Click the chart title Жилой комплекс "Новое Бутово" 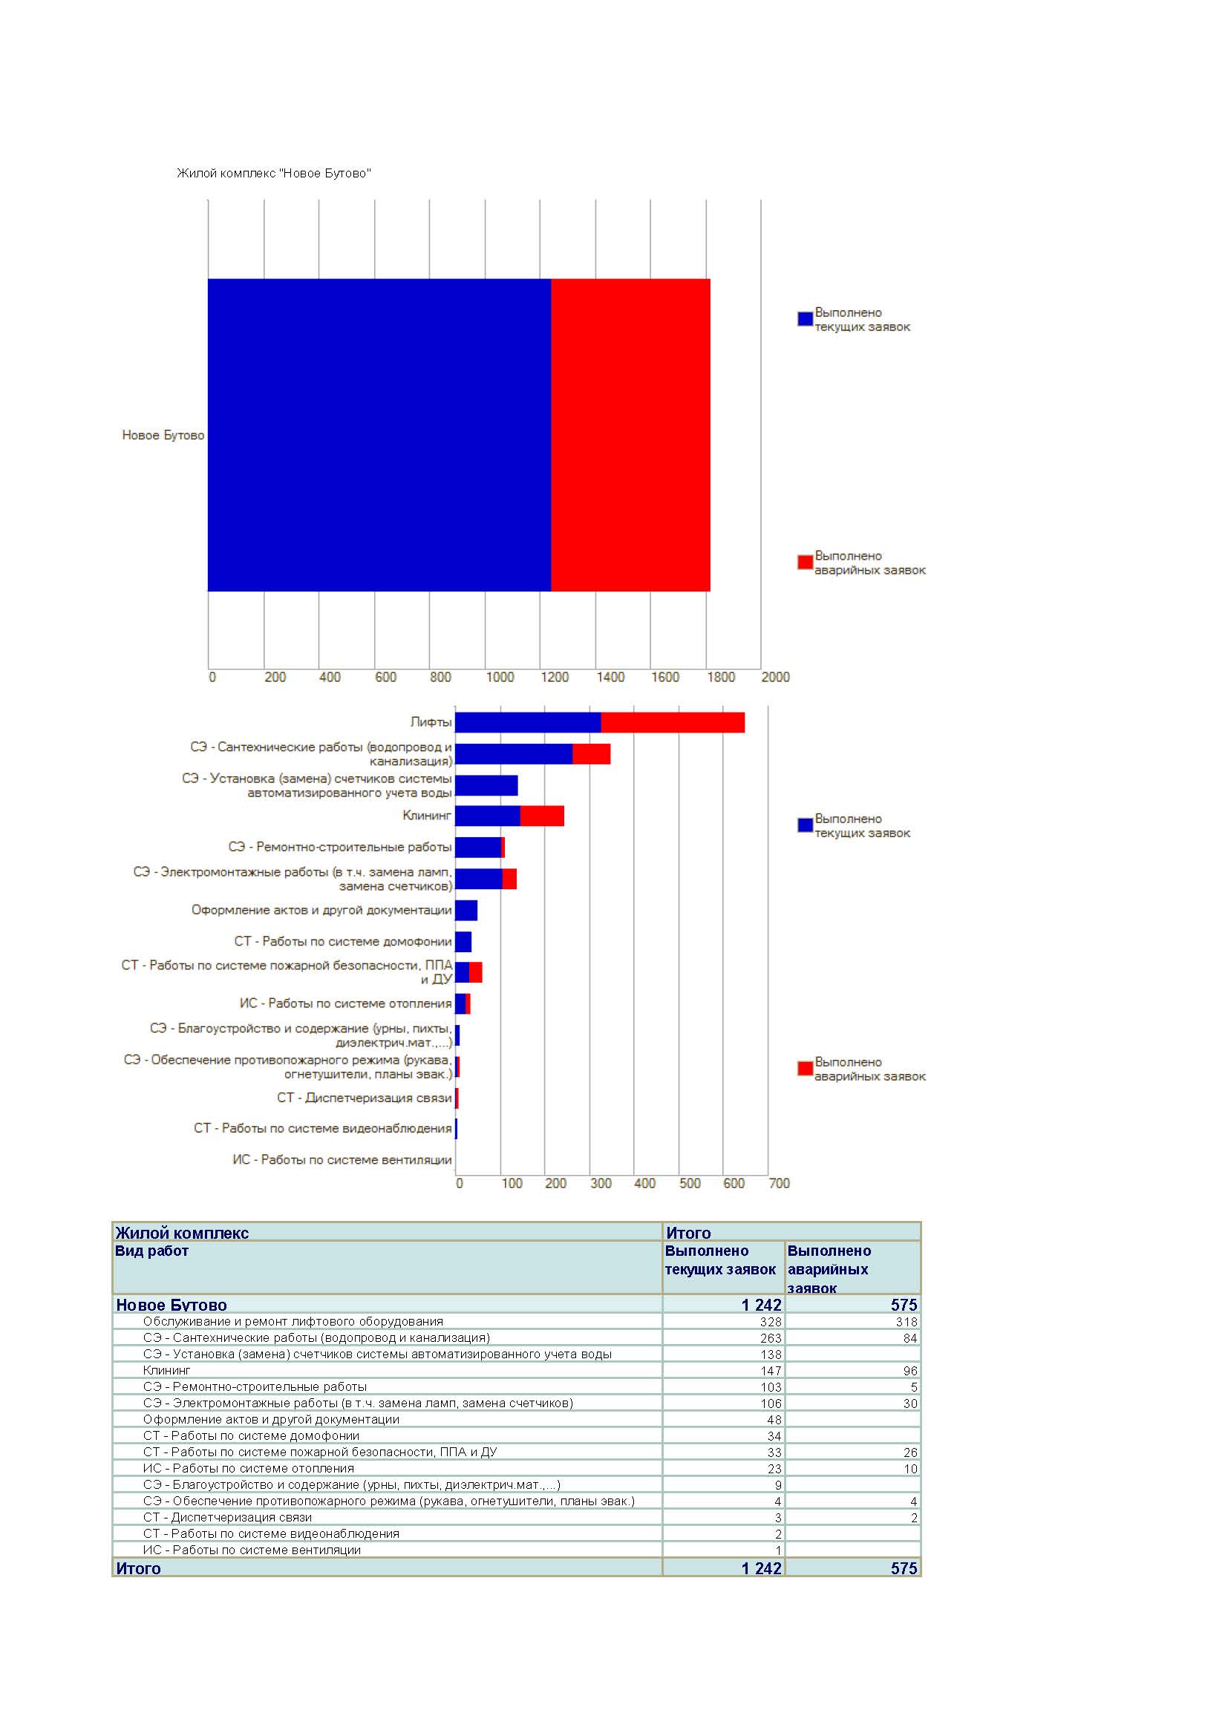(x=274, y=173)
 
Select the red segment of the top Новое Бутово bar (x=630, y=435)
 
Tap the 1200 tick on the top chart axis (x=555, y=677)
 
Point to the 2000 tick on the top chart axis (x=775, y=677)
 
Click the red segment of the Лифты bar (x=673, y=723)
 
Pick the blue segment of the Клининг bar (x=488, y=816)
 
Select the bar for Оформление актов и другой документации (x=466, y=911)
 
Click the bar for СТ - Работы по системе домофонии (x=463, y=942)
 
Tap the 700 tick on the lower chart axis (x=779, y=1183)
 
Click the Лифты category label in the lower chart (x=431, y=722)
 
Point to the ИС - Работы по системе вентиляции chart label (x=342, y=1160)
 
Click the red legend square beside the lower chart (x=806, y=1068)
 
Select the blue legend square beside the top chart (x=806, y=319)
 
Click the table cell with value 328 (x=771, y=1322)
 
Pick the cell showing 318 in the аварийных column (x=907, y=1322)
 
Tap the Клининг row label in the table (x=166, y=1370)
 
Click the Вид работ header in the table (x=151, y=1251)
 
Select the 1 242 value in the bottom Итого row (x=762, y=1568)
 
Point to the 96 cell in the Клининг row (x=910, y=1371)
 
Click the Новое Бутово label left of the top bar (x=163, y=436)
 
